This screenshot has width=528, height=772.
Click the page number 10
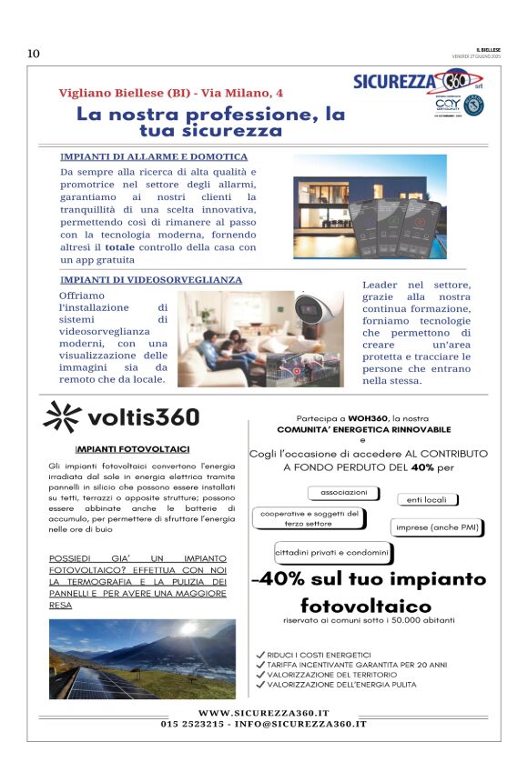[x=34, y=54]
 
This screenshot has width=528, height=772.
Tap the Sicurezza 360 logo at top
[x=411, y=83]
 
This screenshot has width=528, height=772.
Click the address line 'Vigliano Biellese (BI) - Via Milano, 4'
[x=170, y=94]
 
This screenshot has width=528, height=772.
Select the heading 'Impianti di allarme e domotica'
[x=153, y=156]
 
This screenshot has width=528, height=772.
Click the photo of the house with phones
[x=370, y=206]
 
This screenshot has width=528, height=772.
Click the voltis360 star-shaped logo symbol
[x=61, y=416]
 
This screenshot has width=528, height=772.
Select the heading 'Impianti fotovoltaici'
[x=132, y=449]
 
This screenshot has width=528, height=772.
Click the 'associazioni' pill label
[x=343, y=493]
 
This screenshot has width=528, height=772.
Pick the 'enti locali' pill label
[x=426, y=500]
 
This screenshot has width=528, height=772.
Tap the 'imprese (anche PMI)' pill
[x=436, y=527]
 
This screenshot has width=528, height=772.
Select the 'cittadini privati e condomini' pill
[x=332, y=552]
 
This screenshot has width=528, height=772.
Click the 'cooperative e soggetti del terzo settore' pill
[x=310, y=518]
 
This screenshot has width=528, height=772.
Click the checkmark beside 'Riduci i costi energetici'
[x=260, y=655]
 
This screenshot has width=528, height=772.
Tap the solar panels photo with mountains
[x=142, y=658]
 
